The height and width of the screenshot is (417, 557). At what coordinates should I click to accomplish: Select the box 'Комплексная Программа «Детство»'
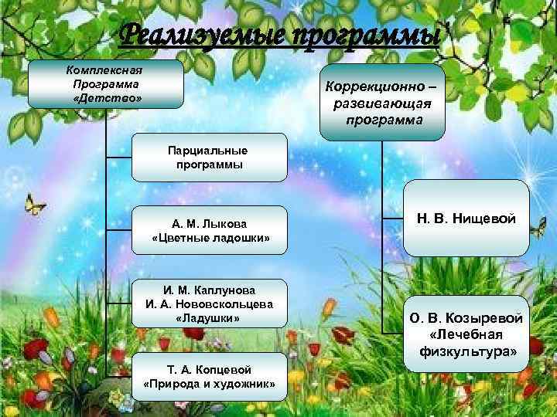(106, 84)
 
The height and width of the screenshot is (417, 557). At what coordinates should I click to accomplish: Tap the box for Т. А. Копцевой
(209, 376)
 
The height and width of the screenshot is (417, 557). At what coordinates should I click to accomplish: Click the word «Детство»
(106, 100)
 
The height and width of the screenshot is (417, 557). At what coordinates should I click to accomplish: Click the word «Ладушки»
(209, 318)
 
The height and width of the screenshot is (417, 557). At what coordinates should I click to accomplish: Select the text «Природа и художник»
(209, 384)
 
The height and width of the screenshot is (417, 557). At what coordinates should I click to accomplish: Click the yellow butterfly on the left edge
(34, 204)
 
